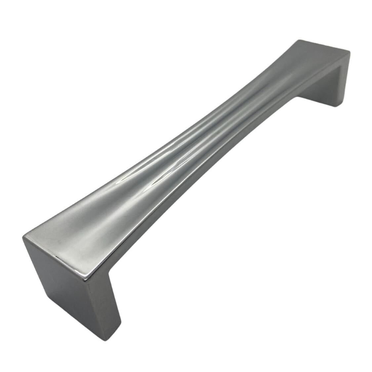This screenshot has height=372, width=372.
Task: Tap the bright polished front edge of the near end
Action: click(56, 261)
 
